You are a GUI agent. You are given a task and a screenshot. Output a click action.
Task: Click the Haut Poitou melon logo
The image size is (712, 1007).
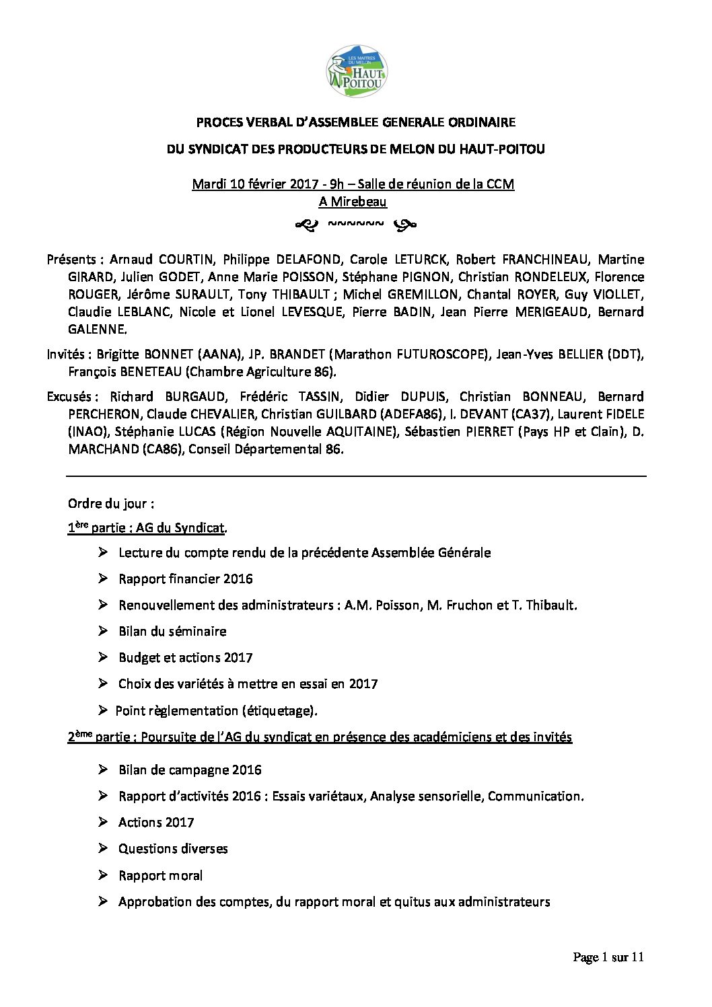point(357,71)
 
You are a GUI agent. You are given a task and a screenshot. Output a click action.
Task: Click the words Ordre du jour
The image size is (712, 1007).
point(110,504)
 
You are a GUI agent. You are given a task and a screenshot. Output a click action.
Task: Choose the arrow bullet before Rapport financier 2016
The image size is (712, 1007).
point(102,579)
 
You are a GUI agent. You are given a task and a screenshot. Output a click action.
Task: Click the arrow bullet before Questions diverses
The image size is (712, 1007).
point(102,848)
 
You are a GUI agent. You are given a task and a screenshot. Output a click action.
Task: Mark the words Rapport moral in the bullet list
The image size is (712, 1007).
point(160,876)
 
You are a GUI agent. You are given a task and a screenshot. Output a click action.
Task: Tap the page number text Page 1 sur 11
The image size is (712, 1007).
point(608,957)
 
